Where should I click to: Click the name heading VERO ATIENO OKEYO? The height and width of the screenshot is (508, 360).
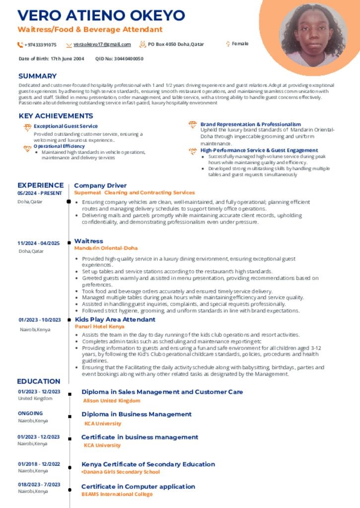point(101,15)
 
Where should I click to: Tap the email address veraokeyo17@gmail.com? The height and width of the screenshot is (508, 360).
point(102,45)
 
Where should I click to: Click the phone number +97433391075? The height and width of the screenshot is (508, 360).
point(40,45)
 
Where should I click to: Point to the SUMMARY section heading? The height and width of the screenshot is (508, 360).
point(37,76)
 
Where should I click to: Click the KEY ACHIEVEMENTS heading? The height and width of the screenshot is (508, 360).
point(56,116)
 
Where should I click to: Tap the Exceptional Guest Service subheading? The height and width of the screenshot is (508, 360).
point(66,127)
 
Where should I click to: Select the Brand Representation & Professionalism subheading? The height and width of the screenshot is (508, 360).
point(250,124)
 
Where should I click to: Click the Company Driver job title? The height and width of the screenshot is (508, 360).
point(100,186)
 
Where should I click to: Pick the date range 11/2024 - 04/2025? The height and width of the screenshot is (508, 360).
point(39,243)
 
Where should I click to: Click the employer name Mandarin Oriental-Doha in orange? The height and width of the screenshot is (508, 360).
point(106,248)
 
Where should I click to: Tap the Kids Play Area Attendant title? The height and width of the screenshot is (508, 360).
point(115,319)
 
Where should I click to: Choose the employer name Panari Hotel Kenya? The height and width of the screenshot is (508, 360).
point(99,327)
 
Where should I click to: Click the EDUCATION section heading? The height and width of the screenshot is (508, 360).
point(39,381)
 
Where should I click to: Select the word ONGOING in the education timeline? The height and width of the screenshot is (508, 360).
point(30,413)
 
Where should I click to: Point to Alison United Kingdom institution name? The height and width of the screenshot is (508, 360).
point(112,400)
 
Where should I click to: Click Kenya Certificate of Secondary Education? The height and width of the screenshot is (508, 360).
point(148,464)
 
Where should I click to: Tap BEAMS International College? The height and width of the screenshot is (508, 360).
point(117,494)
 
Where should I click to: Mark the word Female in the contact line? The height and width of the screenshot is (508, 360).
point(240,44)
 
